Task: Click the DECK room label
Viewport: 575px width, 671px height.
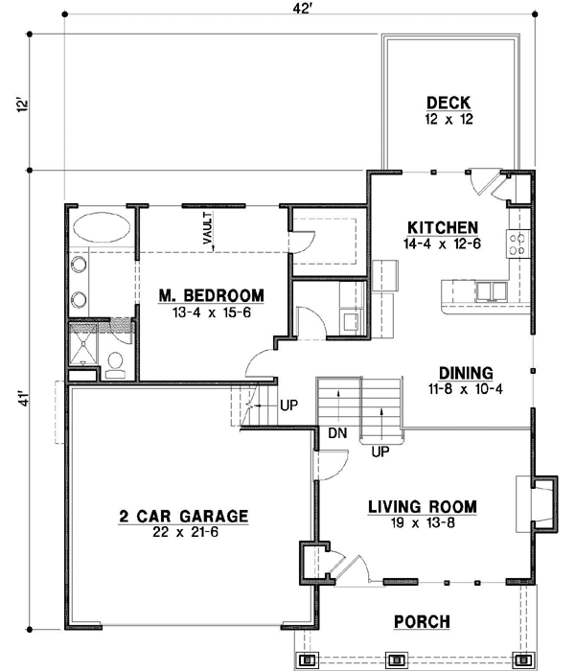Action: click(448, 104)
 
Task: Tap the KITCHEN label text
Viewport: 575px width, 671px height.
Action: click(443, 227)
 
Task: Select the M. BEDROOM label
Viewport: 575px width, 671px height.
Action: click(212, 295)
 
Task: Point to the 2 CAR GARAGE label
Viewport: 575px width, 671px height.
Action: click(184, 516)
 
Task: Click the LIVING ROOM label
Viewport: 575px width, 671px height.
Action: click(423, 507)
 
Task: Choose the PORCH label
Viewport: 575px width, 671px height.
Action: click(422, 622)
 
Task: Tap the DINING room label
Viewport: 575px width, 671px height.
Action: click(466, 373)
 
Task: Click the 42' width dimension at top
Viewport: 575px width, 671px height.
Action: click(301, 9)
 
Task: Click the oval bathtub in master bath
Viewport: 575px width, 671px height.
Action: click(102, 227)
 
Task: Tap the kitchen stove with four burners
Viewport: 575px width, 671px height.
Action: click(518, 243)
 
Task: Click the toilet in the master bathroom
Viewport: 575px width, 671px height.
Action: click(115, 365)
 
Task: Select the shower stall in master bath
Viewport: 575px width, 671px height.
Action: click(83, 344)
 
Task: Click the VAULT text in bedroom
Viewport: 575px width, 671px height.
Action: click(207, 228)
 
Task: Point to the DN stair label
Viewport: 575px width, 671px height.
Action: click(337, 433)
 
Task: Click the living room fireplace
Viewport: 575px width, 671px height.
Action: click(543, 504)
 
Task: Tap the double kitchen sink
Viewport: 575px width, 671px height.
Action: click(491, 291)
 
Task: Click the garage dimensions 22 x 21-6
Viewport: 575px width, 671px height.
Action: click(185, 532)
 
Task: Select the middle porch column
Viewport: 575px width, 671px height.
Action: click(396, 659)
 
